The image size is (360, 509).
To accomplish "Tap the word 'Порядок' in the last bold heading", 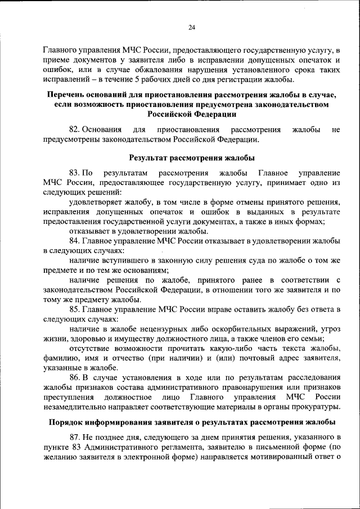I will click(66, 422).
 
